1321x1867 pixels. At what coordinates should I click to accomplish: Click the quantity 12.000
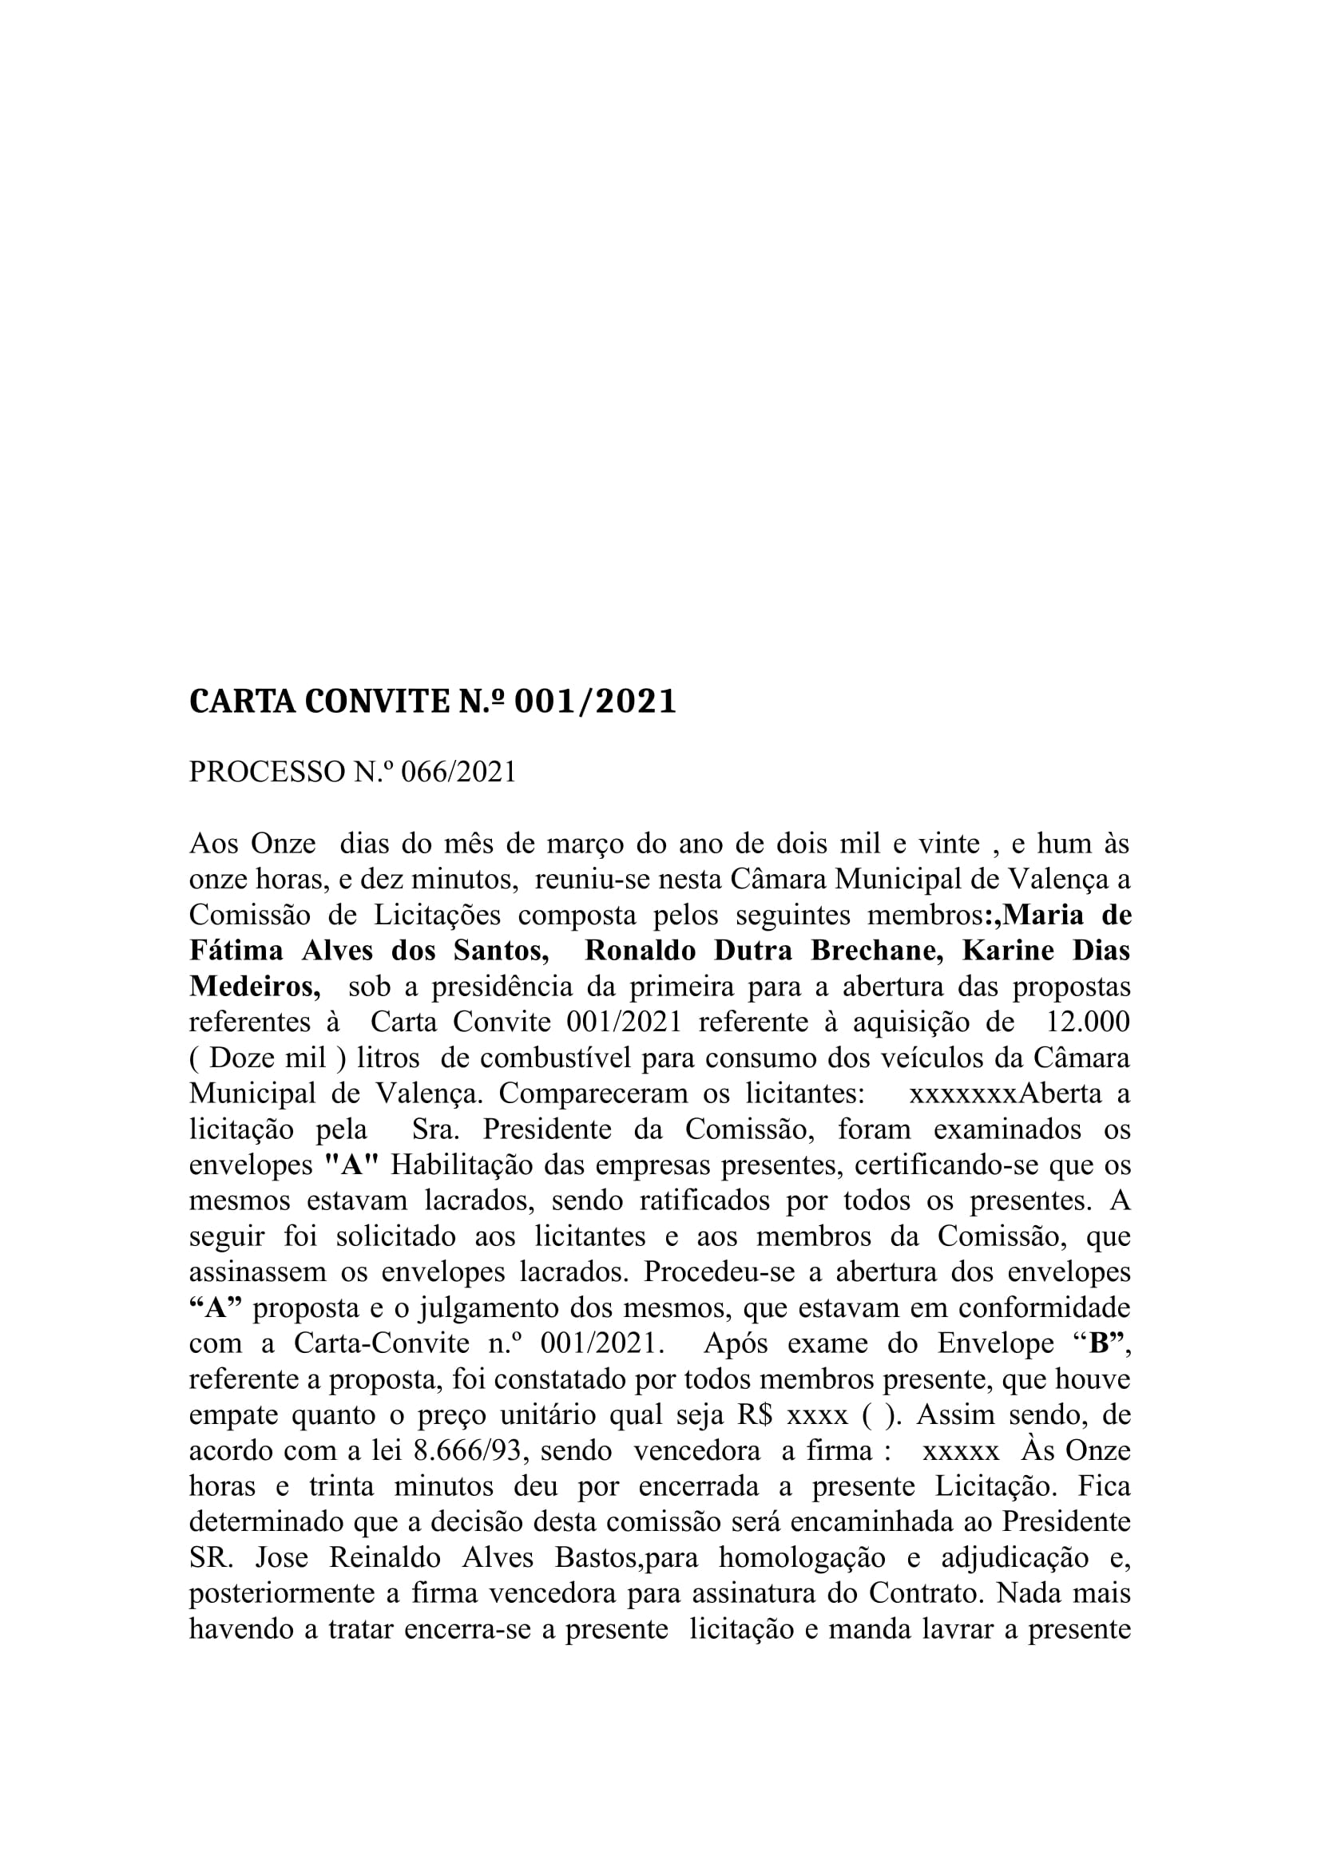click(x=1089, y=1022)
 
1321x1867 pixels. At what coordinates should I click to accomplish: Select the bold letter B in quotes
click(x=1099, y=1344)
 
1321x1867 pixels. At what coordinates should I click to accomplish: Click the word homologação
click(x=802, y=1559)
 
